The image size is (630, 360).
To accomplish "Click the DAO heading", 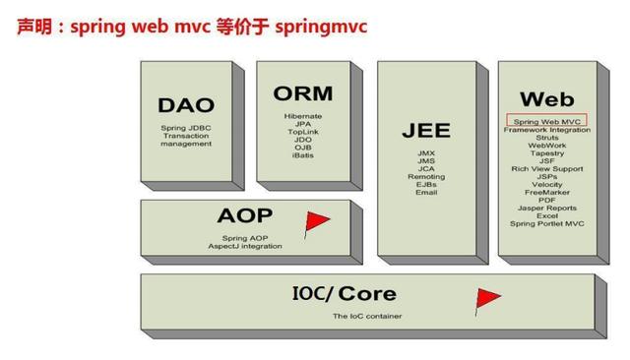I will tap(186, 105).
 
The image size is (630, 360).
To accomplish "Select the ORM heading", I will tap(303, 93).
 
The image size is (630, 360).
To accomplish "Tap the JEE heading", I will tap(425, 130).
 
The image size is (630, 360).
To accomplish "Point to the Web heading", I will tap(546, 99).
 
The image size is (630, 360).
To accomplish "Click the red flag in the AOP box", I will tap(316, 222).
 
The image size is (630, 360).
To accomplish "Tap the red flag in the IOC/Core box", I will tap(486, 297).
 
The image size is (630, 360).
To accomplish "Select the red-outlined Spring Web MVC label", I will tap(546, 120).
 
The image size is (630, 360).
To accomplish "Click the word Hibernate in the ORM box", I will tap(303, 116).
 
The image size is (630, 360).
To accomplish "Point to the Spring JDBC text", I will tap(186, 128).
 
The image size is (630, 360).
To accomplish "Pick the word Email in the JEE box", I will tap(425, 192).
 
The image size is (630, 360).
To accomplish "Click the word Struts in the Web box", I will tap(546, 138).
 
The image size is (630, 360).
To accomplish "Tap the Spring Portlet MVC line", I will tap(546, 223).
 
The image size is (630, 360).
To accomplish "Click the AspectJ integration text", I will tap(245, 245).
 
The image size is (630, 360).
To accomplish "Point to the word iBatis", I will tap(303, 155).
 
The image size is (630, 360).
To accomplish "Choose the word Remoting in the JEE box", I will tap(425, 176).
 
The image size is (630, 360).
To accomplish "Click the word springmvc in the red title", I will tap(322, 26).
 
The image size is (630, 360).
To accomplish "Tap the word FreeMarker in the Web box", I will tap(546, 192).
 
